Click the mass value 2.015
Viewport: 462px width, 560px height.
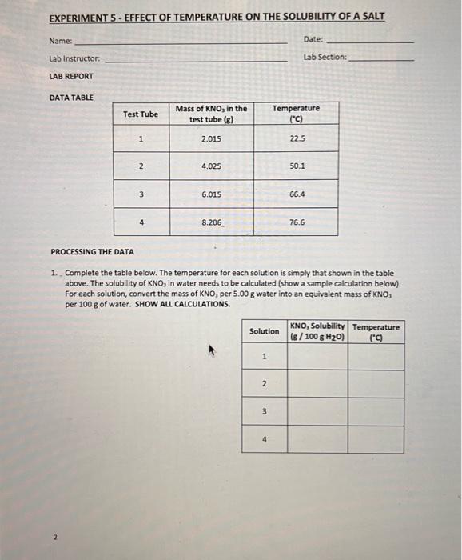click(211, 139)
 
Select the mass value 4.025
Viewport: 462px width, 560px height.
click(211, 166)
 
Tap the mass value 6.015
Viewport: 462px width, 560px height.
click(211, 194)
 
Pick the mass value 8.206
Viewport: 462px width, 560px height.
click(212, 222)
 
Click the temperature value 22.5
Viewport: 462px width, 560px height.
click(297, 139)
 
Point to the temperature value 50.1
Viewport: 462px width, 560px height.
click(297, 166)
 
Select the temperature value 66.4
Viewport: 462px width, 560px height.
click(297, 194)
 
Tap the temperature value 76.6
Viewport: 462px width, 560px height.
click(297, 222)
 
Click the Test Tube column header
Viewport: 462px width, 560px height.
click(140, 114)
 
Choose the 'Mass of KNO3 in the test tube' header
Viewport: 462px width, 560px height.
click(211, 114)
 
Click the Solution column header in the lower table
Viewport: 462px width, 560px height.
click(264, 331)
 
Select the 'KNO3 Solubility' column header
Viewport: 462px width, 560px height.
click(317, 331)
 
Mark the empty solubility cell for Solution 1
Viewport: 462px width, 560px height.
click(317, 357)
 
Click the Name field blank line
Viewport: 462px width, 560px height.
click(180, 42)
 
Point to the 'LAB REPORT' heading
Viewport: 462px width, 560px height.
click(71, 76)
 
